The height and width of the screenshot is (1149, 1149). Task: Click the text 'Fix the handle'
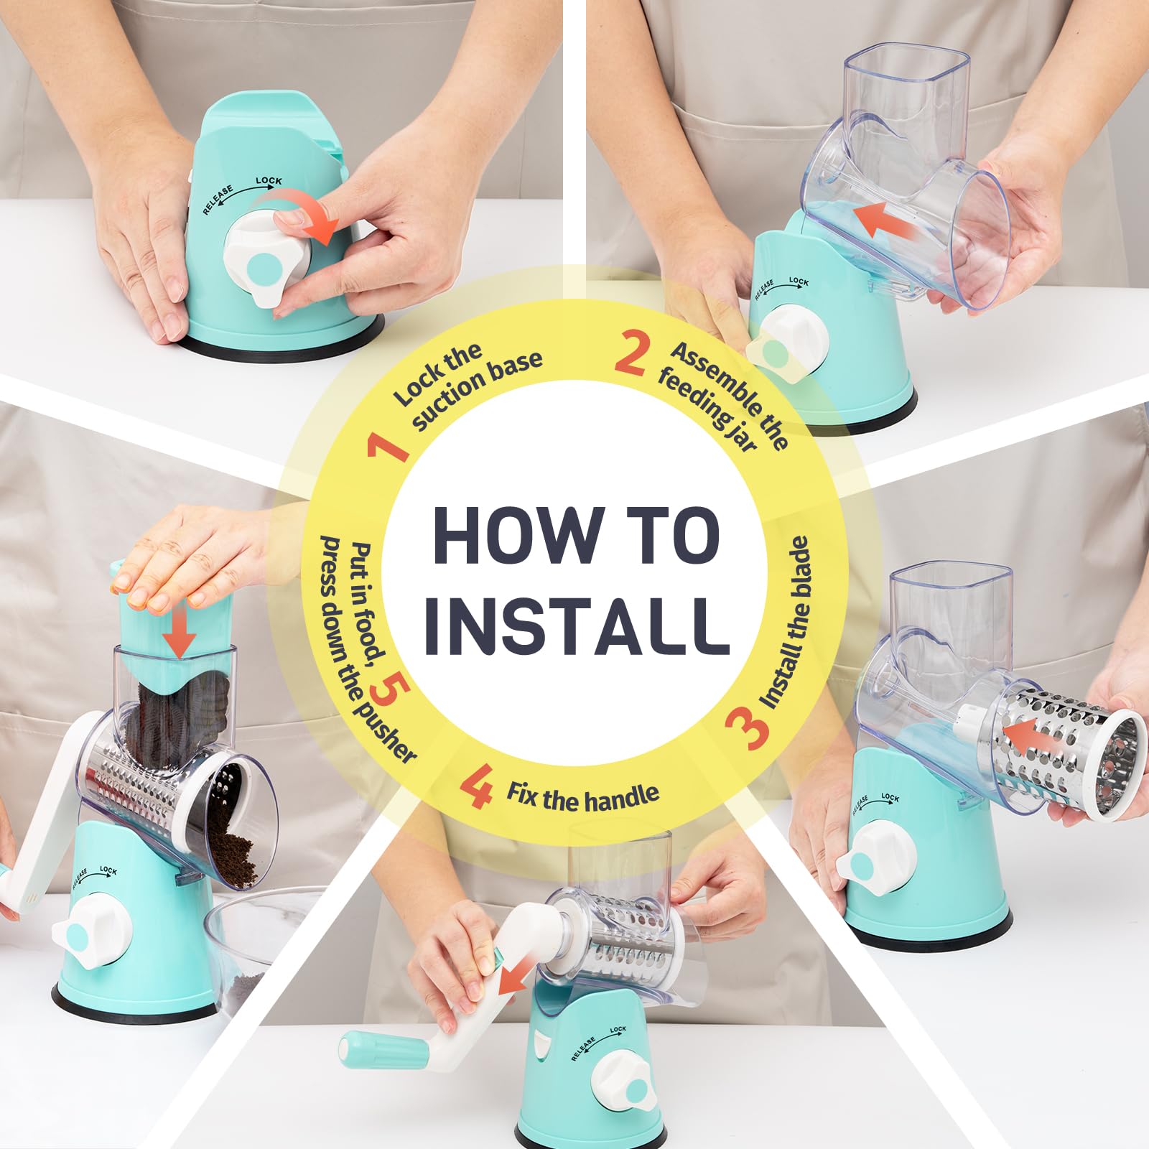coord(582,796)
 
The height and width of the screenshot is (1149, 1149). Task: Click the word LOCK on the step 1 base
coord(269,180)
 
